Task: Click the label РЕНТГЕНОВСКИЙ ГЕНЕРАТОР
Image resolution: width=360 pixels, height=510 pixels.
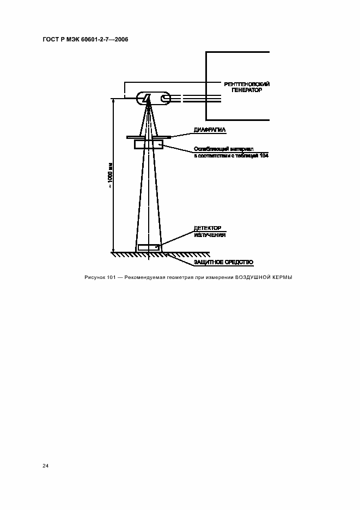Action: coord(247,87)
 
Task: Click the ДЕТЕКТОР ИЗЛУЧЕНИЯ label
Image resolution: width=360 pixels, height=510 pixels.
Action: coord(210,231)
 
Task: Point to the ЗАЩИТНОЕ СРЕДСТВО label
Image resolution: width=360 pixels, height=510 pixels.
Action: coord(223,263)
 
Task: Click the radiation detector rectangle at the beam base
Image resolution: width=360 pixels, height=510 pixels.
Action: coord(149,247)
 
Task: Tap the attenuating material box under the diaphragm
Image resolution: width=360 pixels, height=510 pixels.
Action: coord(149,144)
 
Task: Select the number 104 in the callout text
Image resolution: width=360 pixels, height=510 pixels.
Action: coord(264,156)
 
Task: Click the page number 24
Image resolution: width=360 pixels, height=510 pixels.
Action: coord(46,466)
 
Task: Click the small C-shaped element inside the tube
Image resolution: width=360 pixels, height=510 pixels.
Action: coord(164,99)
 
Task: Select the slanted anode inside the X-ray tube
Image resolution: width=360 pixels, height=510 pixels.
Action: coord(147,98)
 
